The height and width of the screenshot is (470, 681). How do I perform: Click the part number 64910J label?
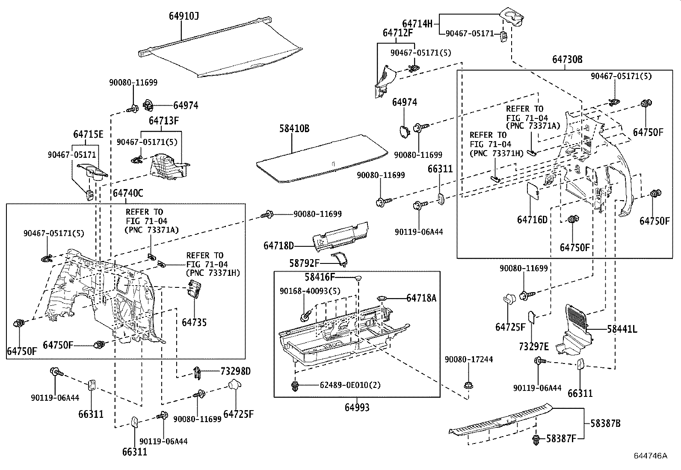pyautogui.click(x=184, y=16)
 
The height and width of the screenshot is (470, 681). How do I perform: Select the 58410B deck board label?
pyautogui.click(x=294, y=128)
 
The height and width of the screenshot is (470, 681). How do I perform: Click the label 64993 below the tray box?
pyautogui.click(x=357, y=408)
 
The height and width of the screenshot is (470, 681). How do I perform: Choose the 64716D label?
pyautogui.click(x=532, y=220)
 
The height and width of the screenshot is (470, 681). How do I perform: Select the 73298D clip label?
pyautogui.click(x=235, y=371)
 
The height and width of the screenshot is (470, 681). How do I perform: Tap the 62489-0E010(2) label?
pyautogui.click(x=350, y=385)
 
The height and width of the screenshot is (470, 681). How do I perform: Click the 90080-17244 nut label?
pyautogui.click(x=468, y=360)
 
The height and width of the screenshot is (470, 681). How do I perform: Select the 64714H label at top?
pyautogui.click(x=417, y=24)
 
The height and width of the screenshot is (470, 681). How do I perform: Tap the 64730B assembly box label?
pyautogui.click(x=567, y=59)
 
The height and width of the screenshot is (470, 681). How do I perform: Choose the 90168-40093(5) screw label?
pyautogui.click(x=310, y=291)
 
